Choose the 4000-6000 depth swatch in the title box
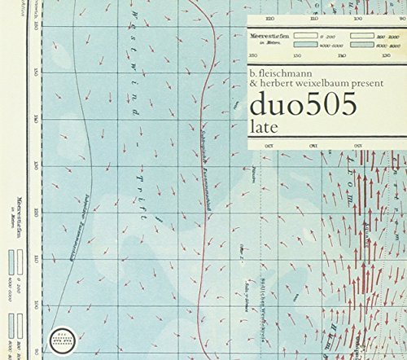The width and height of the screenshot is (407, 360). point(307,46)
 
